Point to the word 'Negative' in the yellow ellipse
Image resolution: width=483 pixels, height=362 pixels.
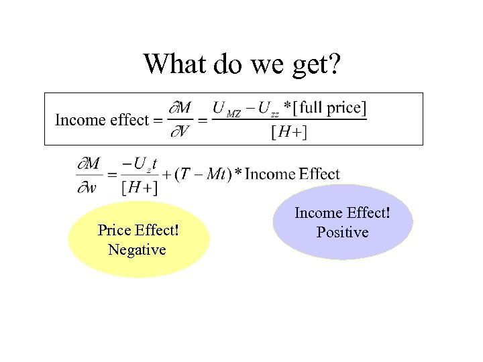[x=137, y=250]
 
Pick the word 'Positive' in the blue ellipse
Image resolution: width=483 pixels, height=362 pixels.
[x=342, y=233]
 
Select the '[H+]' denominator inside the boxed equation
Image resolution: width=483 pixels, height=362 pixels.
[x=289, y=132]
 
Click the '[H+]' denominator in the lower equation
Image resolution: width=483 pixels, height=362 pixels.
[x=140, y=188]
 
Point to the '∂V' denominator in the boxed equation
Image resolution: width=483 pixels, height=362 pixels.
[x=178, y=132]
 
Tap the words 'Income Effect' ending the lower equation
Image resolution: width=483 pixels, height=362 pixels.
[x=292, y=174]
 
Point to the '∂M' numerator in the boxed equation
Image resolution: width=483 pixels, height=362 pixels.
[x=179, y=107]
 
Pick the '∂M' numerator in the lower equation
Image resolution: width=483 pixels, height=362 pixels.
[x=89, y=164]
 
